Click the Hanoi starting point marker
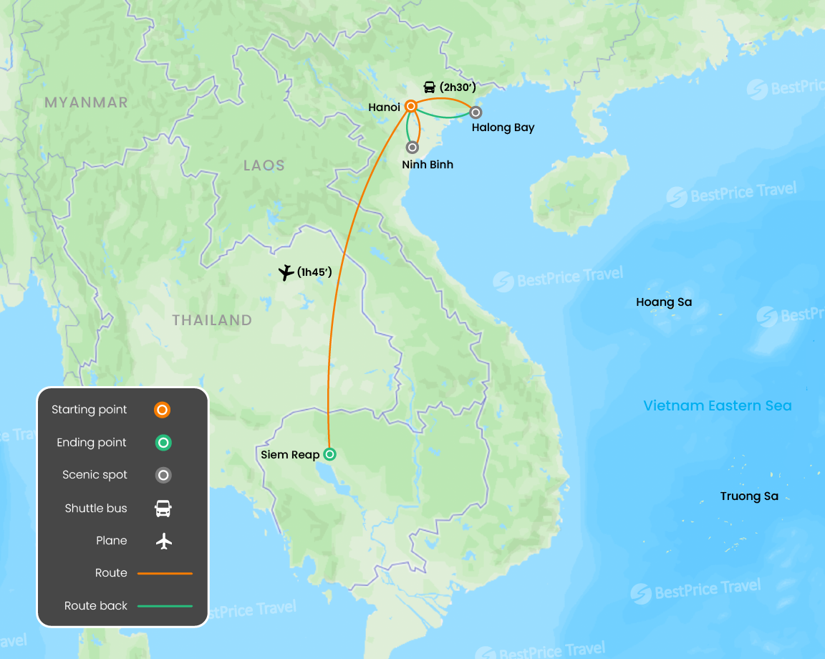pyautogui.click(x=411, y=106)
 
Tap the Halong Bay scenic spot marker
pyautogui.click(x=476, y=112)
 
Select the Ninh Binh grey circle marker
pyautogui.click(x=412, y=148)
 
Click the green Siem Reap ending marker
pyautogui.click(x=329, y=453)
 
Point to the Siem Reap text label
pyautogui.click(x=290, y=455)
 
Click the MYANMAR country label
pyautogui.click(x=86, y=102)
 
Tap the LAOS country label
pyautogui.click(x=264, y=165)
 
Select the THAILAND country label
pyautogui.click(x=212, y=320)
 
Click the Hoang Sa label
pyautogui.click(x=664, y=302)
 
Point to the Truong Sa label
pyautogui.click(x=749, y=496)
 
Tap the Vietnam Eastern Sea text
pyautogui.click(x=718, y=406)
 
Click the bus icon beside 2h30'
pyautogui.click(x=430, y=87)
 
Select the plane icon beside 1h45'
pyautogui.click(x=286, y=272)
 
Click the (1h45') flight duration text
pyautogui.click(x=314, y=272)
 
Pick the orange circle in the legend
pyautogui.click(x=163, y=410)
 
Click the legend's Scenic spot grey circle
pyautogui.click(x=163, y=475)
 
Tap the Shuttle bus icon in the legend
pyautogui.click(x=163, y=509)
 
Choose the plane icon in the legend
pyautogui.click(x=164, y=541)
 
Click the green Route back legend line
pyautogui.click(x=165, y=606)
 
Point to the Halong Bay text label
pyautogui.click(x=503, y=128)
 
